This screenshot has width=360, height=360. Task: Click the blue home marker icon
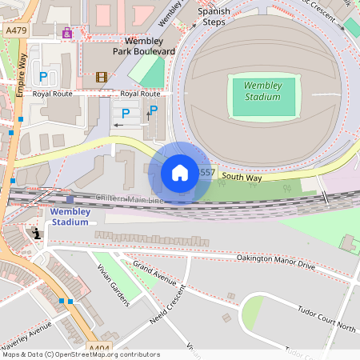pos(180,173)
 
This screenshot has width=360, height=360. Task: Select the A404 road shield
pos(100,348)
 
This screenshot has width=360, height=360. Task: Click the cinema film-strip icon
pos(101,77)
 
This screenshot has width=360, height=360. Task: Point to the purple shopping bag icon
pos(66,33)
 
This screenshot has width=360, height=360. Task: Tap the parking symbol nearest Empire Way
pos(42,77)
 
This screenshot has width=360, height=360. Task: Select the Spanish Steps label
pos(214,18)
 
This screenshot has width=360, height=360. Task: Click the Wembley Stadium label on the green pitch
pos(262,90)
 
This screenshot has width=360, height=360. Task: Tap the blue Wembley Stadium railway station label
pos(70,217)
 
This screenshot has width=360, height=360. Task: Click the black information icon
pos(36,234)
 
